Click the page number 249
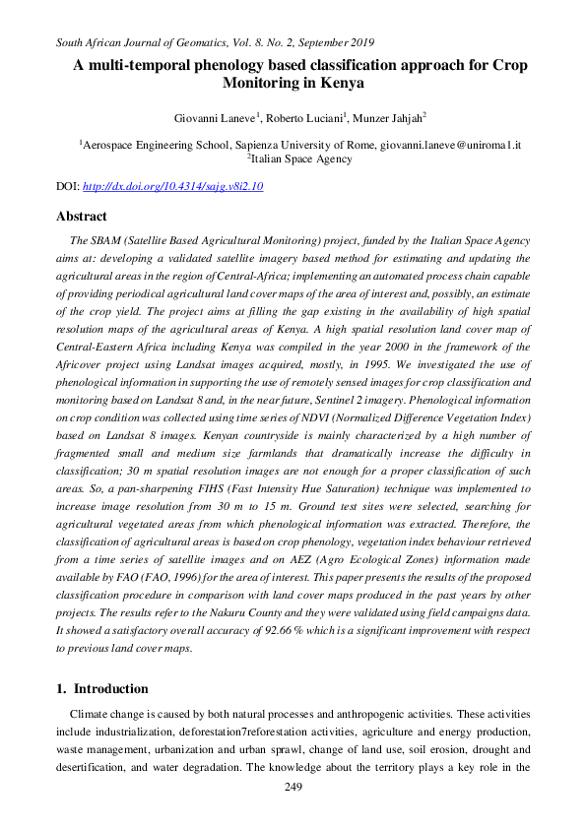coord(293,787)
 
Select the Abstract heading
coord(82,217)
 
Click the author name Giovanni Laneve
coord(213,118)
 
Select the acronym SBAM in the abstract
coord(107,240)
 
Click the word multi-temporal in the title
coord(148,66)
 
